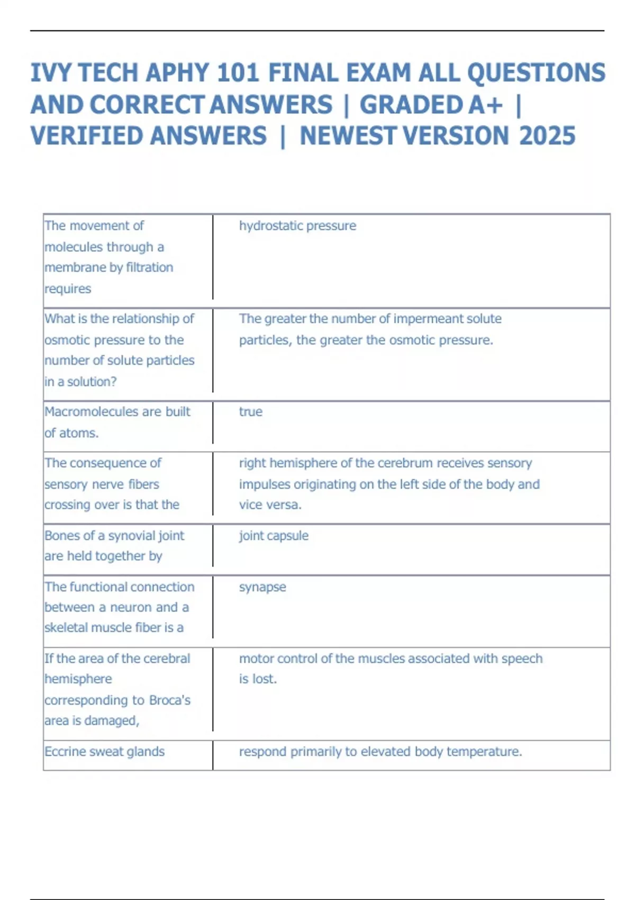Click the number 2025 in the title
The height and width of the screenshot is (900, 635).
tap(547, 136)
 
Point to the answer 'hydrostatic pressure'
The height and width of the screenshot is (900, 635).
tap(297, 226)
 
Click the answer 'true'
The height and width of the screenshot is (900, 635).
tap(250, 411)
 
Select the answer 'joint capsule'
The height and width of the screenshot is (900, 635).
tap(273, 535)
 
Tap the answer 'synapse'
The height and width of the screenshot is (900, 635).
tap(262, 587)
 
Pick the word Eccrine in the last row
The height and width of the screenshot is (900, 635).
tap(66, 751)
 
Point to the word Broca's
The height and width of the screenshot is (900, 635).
tap(169, 700)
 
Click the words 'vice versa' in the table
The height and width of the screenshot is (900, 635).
tap(270, 505)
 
